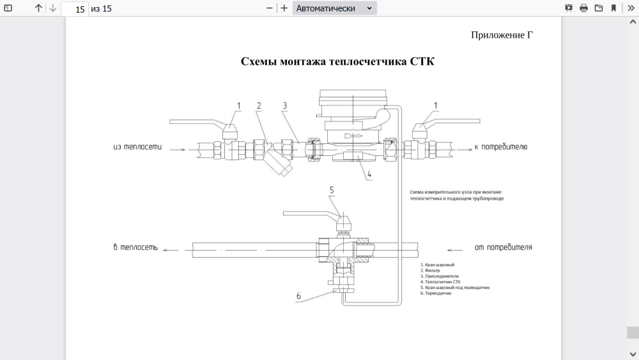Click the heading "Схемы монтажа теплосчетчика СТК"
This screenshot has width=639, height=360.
tap(337, 61)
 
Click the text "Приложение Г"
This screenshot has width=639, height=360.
tap(502, 35)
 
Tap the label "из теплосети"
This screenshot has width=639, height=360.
tap(137, 147)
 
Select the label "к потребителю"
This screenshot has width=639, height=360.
tap(500, 147)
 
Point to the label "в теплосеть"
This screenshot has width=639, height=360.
tap(135, 247)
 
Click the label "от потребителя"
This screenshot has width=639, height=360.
tap(503, 247)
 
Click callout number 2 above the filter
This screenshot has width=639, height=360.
tap(259, 106)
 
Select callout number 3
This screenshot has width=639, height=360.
tap(285, 106)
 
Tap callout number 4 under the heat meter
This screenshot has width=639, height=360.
tap(369, 173)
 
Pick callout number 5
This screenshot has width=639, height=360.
tap(332, 190)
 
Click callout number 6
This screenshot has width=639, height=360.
tap(298, 296)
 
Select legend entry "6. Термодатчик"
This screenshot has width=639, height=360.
tap(436, 293)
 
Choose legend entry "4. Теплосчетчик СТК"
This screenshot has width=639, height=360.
tap(440, 282)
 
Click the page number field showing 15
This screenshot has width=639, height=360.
tap(75, 9)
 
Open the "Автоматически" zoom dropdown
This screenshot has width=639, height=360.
tap(335, 8)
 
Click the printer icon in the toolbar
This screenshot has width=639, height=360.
tap(583, 8)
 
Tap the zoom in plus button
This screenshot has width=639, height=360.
tap(284, 8)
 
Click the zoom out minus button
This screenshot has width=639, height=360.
tap(270, 8)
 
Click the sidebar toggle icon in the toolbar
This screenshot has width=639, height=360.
tap(8, 8)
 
